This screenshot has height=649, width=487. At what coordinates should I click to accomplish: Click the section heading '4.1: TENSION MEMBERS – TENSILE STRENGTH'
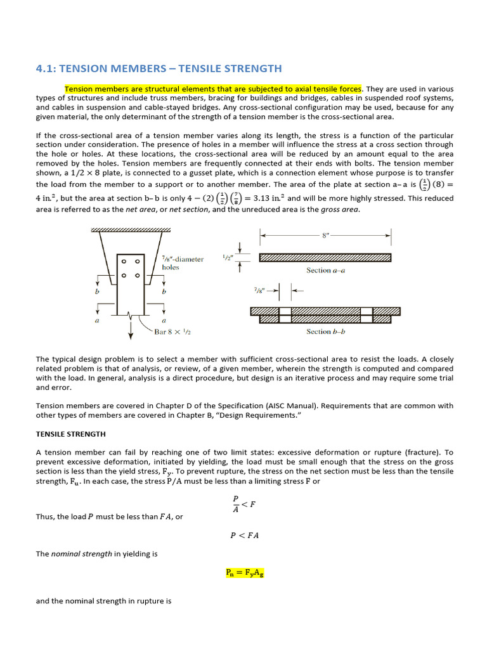159,68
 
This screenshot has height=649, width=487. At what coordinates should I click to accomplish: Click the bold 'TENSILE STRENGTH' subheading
71,434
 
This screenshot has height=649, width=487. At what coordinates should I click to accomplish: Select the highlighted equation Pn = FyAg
245,572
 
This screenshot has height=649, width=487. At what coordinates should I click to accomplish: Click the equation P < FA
244,535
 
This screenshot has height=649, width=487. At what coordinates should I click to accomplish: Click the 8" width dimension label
325,233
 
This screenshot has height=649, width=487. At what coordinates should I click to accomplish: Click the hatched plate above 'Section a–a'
325,257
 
